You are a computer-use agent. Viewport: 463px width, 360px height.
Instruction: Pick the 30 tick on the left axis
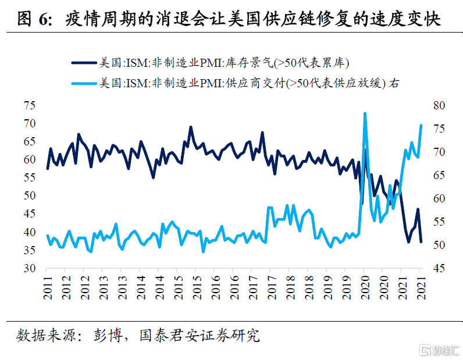[29, 269]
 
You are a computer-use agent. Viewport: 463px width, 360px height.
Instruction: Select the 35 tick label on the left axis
[29, 251]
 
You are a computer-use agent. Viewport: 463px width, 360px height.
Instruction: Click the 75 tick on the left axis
[29, 106]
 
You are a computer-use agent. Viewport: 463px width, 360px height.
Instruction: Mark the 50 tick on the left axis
[29, 196]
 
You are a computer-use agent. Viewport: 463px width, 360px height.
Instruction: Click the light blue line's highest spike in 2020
[365, 113]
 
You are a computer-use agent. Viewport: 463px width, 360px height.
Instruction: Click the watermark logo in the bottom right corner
[439, 349]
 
